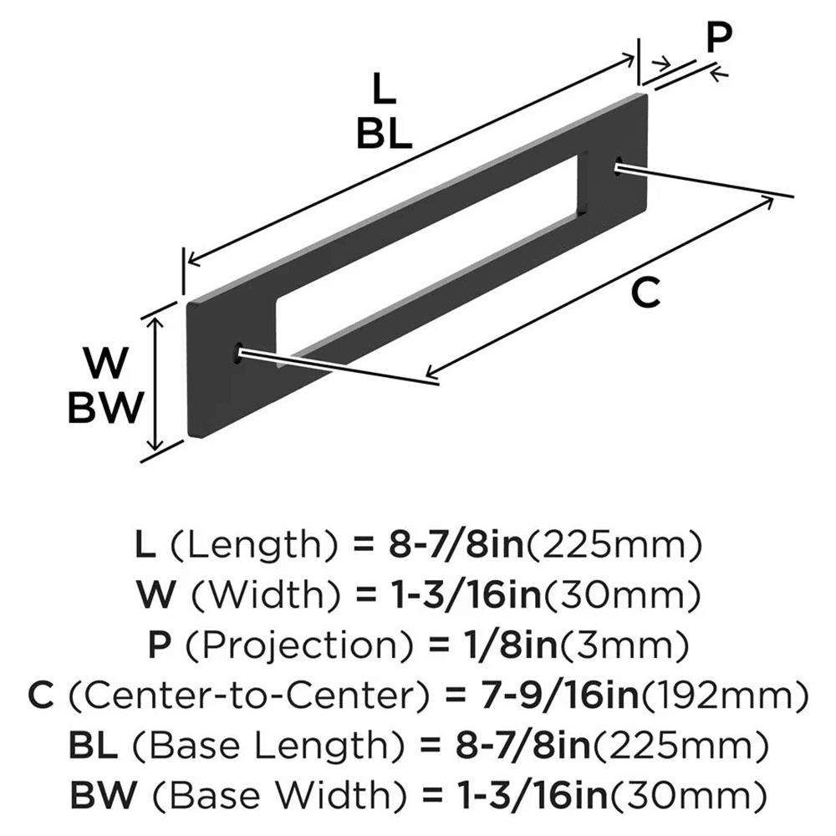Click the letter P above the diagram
(718, 38)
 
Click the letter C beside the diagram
(645, 292)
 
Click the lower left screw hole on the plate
(239, 353)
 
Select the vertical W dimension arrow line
(154, 385)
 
